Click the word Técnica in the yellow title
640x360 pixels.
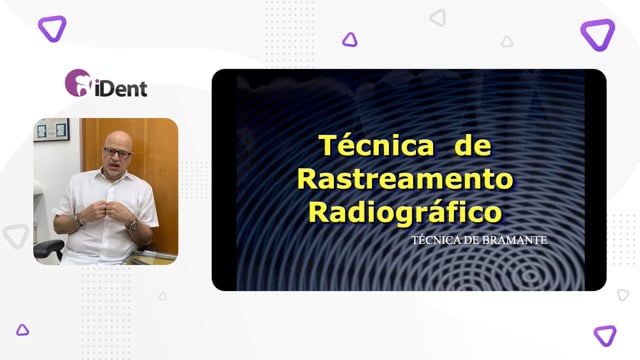(376, 146)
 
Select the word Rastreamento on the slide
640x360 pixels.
(405, 179)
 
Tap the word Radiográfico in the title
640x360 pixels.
(405, 212)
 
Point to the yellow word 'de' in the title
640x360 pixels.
(473, 146)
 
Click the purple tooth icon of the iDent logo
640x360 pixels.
(78, 83)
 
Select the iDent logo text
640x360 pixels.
(121, 89)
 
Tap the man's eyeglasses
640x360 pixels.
(117, 153)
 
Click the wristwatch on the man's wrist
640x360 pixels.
(133, 225)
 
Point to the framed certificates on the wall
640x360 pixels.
(51, 130)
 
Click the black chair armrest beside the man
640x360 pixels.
(49, 248)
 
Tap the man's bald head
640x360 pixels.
(118, 140)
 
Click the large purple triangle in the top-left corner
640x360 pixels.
(52, 29)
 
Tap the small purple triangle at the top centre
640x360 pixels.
(350, 40)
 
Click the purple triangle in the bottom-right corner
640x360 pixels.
(605, 336)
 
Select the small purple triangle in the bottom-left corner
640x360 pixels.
(22, 330)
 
